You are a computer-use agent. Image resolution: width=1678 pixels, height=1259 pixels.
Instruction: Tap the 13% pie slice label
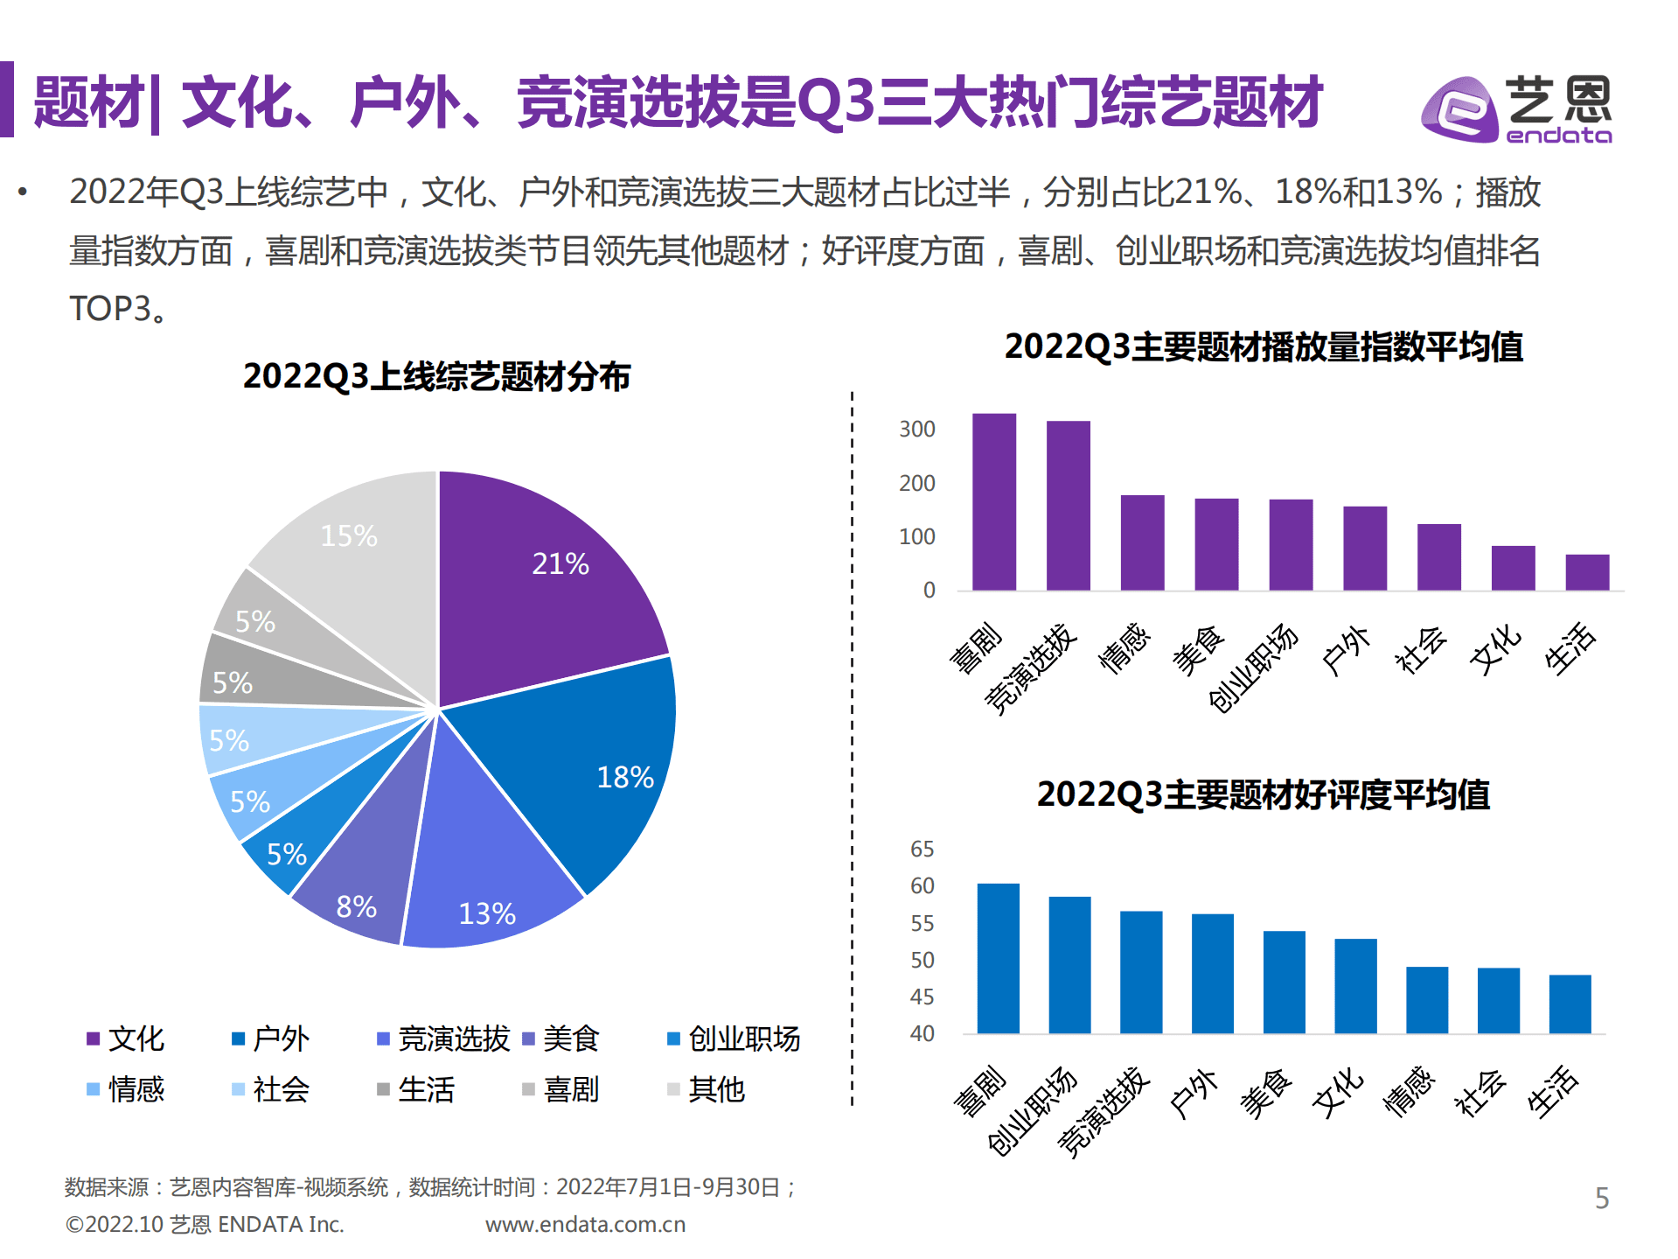tap(487, 913)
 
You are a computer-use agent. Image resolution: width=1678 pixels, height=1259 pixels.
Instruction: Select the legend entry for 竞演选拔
tap(444, 1039)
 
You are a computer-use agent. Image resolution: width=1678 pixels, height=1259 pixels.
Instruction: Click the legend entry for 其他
tap(707, 1089)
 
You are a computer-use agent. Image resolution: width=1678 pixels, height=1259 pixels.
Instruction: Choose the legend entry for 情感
tap(127, 1089)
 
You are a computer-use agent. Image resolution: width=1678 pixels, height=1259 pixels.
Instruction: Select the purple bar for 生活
tap(1587, 572)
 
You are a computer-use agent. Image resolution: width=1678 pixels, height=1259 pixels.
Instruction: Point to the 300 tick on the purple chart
tap(917, 430)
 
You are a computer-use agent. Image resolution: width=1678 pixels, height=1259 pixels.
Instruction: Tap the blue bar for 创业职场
tap(1069, 964)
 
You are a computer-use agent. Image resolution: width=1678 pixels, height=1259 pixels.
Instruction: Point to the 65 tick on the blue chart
tap(922, 849)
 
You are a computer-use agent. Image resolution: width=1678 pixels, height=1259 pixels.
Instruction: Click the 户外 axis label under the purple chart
tap(1347, 651)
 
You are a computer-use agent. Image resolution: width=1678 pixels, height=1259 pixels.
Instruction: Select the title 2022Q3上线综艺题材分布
tap(436, 376)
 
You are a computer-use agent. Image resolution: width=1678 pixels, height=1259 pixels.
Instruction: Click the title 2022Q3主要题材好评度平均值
tap(1263, 794)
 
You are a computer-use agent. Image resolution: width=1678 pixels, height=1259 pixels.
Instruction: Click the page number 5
tap(1601, 1198)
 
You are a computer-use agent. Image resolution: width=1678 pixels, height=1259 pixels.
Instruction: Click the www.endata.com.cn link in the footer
tap(585, 1224)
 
